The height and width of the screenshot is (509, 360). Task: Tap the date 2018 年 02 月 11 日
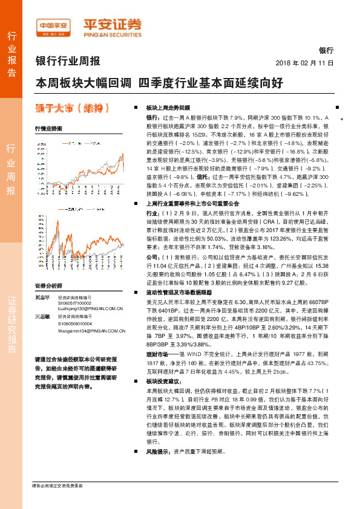[x=304, y=62]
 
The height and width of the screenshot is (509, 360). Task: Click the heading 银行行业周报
[x=68, y=60]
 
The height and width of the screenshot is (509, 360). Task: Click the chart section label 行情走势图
[x=48, y=129]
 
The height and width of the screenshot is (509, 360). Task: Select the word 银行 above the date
[x=326, y=51]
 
